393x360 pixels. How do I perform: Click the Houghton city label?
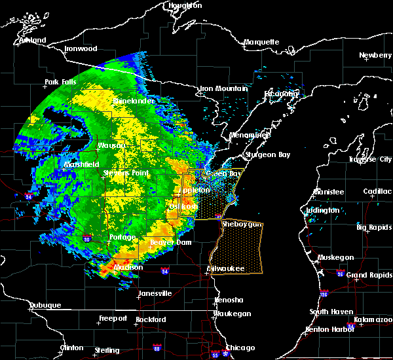point(185,5)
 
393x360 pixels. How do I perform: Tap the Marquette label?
point(261,43)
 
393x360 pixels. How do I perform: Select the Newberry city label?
point(375,56)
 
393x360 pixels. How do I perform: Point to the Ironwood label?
point(81,49)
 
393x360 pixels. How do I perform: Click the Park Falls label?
point(61,82)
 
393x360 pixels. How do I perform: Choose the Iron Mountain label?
point(223,88)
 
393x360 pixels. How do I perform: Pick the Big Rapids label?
point(374,227)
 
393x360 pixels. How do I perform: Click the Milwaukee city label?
point(225,269)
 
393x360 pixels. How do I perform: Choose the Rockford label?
point(151,319)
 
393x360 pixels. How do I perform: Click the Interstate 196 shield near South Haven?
point(325,294)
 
